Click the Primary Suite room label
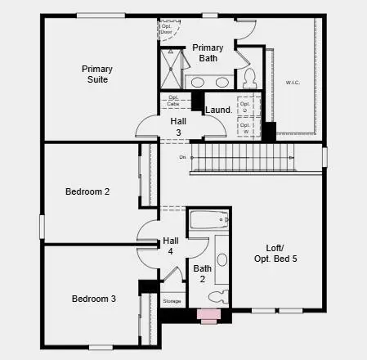(x=96, y=74)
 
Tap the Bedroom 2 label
(x=87, y=191)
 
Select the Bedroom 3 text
(x=93, y=299)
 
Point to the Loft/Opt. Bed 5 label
(x=275, y=253)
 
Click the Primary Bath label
(x=208, y=53)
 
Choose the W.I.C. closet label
(x=293, y=83)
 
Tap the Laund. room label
(x=218, y=110)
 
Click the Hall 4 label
(x=170, y=246)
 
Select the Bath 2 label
(x=202, y=273)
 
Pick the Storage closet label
(x=172, y=301)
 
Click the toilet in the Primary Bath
(x=250, y=78)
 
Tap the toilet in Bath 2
(x=218, y=296)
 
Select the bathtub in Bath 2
(x=209, y=221)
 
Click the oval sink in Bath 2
(x=222, y=260)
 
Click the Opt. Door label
(x=165, y=28)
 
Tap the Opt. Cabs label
(x=174, y=101)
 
